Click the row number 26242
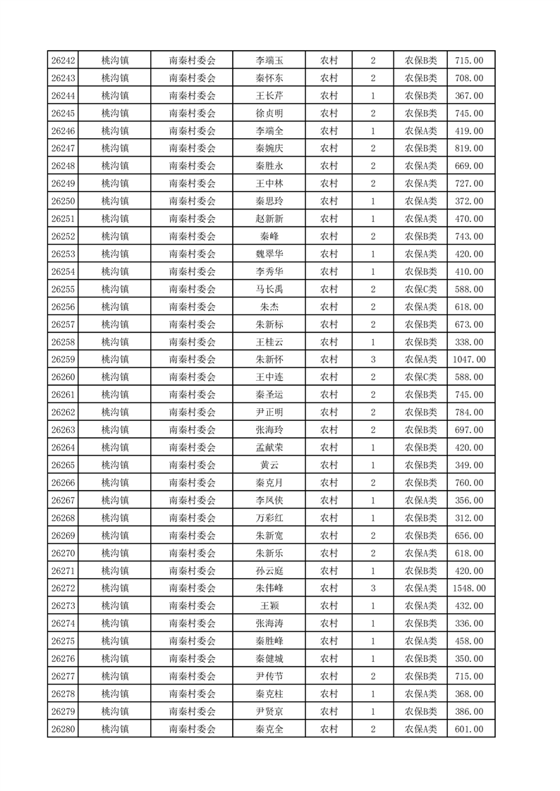tap(63, 61)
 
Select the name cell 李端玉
tap(269, 61)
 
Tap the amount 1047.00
tap(469, 360)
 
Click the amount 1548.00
tap(469, 588)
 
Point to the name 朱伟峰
tap(269, 588)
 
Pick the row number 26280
tap(63, 729)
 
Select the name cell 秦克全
tap(269, 729)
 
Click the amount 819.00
tap(469, 148)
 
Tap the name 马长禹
tap(269, 289)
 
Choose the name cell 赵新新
tap(269, 219)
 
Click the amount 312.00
tap(469, 518)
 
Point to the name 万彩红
tap(269, 518)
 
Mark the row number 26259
tap(63, 360)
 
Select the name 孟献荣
tap(269, 448)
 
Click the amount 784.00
tap(469, 412)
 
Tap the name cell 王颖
tap(269, 606)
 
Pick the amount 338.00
tap(469, 342)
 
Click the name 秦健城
tap(269, 658)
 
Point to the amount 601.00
tap(469, 729)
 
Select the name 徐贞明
tap(269, 113)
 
